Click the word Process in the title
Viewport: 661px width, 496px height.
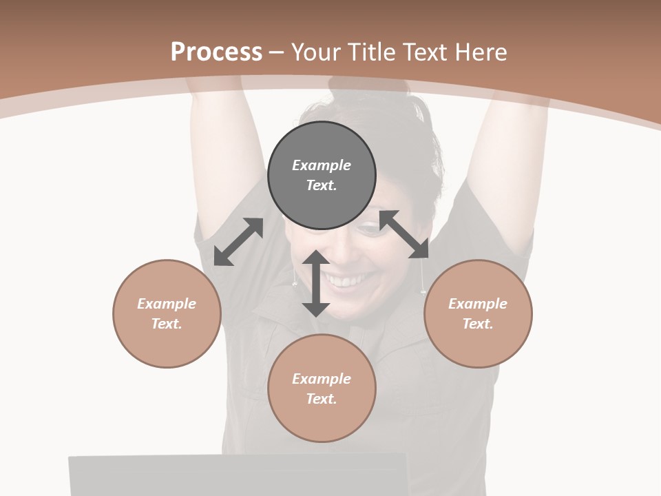pos(216,52)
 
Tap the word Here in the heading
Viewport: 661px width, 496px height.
pos(480,52)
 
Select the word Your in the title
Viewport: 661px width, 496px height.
pos(314,52)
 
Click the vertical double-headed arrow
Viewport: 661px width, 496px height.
pos(315,283)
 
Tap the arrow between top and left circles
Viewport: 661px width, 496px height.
pos(238,242)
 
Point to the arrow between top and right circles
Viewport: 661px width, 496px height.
pos(404,234)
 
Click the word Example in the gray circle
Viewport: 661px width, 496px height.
pos(322,165)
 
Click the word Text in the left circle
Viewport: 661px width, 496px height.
pos(167,324)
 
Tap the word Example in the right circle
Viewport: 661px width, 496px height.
pos(478,304)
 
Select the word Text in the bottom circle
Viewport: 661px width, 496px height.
pos(322,399)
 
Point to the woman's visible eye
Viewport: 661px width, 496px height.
pos(372,231)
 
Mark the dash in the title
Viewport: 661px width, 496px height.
pos(276,52)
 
